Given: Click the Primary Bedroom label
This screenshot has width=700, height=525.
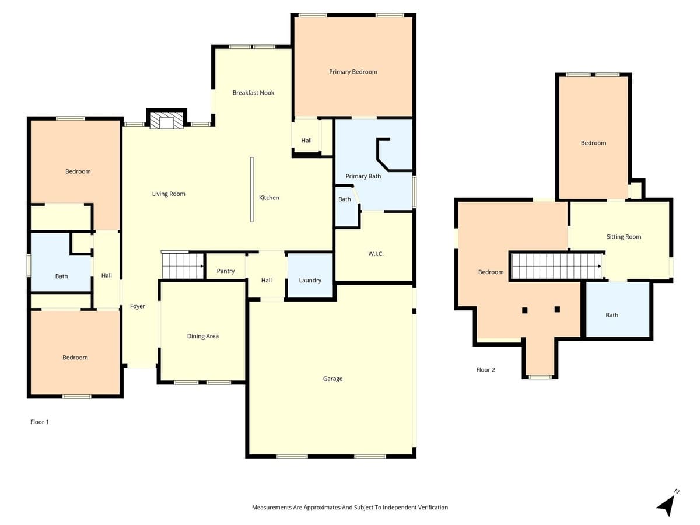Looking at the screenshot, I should [x=353, y=72].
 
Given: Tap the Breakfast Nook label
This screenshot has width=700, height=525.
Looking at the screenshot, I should [x=253, y=93].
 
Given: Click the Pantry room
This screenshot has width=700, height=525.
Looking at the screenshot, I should [x=226, y=271].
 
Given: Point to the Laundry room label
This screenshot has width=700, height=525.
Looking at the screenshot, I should [x=310, y=281].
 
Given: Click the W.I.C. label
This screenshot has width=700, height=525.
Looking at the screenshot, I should [x=376, y=254].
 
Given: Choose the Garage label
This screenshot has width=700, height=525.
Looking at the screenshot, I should [x=332, y=379].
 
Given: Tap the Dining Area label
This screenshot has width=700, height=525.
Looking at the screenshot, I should [x=202, y=336].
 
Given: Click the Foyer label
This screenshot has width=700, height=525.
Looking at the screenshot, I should [x=138, y=306].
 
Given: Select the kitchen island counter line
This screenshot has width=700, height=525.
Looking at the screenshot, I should [x=252, y=190].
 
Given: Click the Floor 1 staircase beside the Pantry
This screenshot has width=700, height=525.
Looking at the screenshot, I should [x=182, y=266].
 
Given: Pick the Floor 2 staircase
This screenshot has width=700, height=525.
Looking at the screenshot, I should [x=556, y=266].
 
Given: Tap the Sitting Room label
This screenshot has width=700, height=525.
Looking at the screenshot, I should [x=624, y=237].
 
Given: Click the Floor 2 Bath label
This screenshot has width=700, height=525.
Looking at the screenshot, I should [x=611, y=315].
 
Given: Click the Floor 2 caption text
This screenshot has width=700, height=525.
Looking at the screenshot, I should [x=485, y=370].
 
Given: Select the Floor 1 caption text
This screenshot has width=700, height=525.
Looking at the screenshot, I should [x=40, y=421].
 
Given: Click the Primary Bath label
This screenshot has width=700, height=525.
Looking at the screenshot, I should [x=363, y=176].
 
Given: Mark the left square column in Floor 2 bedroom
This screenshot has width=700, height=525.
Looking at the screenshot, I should [x=525, y=310].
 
